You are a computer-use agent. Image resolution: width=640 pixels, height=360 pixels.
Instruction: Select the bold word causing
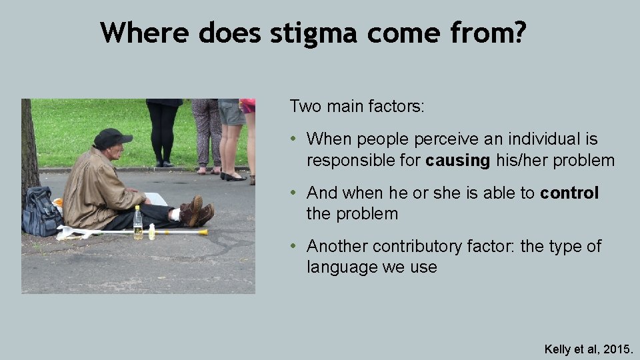pyautogui.click(x=458, y=161)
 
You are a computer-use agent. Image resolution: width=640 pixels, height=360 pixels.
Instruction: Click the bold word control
pyautogui.click(x=569, y=193)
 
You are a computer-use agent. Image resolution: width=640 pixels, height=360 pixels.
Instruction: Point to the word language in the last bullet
pyautogui.click(x=339, y=267)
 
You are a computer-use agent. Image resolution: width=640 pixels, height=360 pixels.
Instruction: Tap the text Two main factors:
pyautogui.click(x=356, y=106)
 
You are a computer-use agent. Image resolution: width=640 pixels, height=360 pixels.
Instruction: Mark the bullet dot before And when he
pyautogui.click(x=294, y=193)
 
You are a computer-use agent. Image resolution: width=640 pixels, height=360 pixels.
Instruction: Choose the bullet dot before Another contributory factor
pyautogui.click(x=294, y=247)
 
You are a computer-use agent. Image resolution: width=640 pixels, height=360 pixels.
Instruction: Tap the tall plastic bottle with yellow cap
pyautogui.click(x=137, y=223)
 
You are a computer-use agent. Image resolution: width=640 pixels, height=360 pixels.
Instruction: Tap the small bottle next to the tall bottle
pyautogui.click(x=152, y=231)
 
